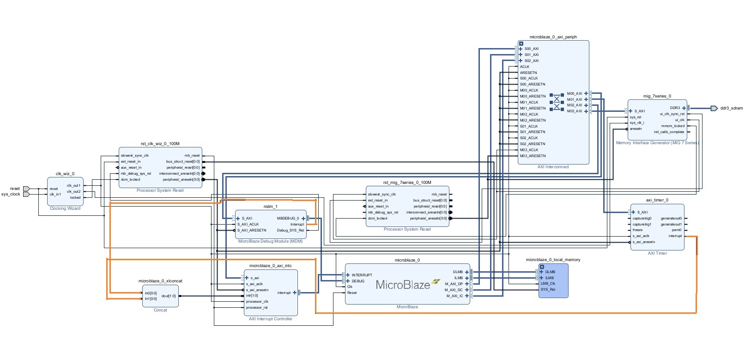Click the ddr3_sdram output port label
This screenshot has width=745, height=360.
(x=731, y=108)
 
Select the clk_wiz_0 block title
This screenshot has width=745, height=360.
(x=65, y=174)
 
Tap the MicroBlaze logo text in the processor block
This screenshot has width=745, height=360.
(x=403, y=285)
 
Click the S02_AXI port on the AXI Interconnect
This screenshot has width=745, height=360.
(x=531, y=61)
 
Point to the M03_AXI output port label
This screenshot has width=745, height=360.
(x=575, y=111)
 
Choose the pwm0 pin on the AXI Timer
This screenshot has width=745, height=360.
(x=677, y=230)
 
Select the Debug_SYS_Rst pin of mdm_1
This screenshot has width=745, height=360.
(x=291, y=230)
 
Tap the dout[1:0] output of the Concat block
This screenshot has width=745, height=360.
(x=169, y=296)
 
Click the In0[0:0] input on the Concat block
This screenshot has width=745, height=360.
(x=151, y=293)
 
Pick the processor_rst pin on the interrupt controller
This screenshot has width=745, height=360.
(x=257, y=307)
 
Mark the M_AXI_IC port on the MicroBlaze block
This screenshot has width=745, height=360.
(x=454, y=296)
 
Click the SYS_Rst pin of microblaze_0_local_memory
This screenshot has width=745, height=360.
(x=548, y=289)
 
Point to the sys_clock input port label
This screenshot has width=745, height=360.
(x=11, y=194)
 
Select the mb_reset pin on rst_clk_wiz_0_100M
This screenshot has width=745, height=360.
(x=192, y=155)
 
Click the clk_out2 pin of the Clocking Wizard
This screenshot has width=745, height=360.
(x=73, y=191)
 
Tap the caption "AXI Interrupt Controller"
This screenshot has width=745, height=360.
(x=271, y=319)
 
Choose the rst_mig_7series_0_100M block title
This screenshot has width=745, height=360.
(x=407, y=183)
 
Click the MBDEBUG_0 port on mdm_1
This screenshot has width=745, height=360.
(x=288, y=218)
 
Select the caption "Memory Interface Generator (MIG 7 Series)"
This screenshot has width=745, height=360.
(x=657, y=143)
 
